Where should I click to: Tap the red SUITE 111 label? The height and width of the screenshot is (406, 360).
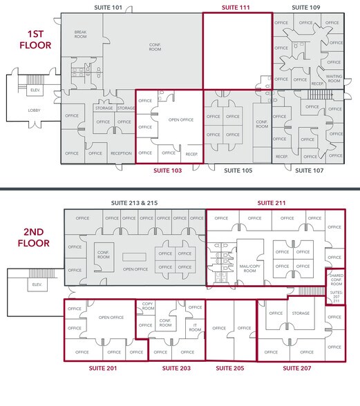coord(236,7)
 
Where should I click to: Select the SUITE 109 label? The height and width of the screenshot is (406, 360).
coord(305,7)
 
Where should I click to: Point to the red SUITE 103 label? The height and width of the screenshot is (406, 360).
coord(168,169)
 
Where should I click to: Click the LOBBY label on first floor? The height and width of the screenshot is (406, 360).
coord(34,110)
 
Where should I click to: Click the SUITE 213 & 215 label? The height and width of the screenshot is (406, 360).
coord(134,204)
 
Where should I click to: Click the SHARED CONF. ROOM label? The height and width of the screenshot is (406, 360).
coord(335,280)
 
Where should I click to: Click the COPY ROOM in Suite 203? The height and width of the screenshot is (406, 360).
coord(147,306)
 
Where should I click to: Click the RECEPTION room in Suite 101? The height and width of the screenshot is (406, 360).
coord(121,153)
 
